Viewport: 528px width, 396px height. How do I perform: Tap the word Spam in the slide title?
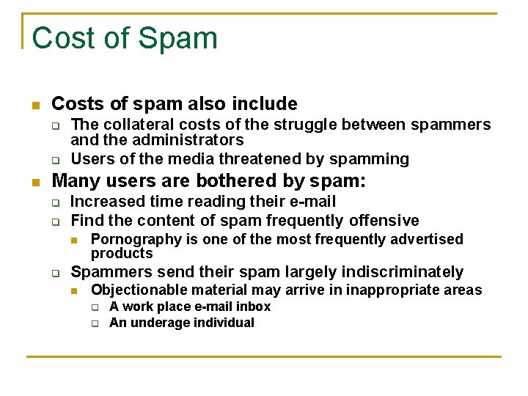183,38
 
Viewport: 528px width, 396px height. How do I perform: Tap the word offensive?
383,220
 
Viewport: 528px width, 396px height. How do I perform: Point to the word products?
121,253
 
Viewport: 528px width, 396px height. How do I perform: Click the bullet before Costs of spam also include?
35,104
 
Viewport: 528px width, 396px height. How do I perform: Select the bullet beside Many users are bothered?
35,181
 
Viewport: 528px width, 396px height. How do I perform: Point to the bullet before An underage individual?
95,323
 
